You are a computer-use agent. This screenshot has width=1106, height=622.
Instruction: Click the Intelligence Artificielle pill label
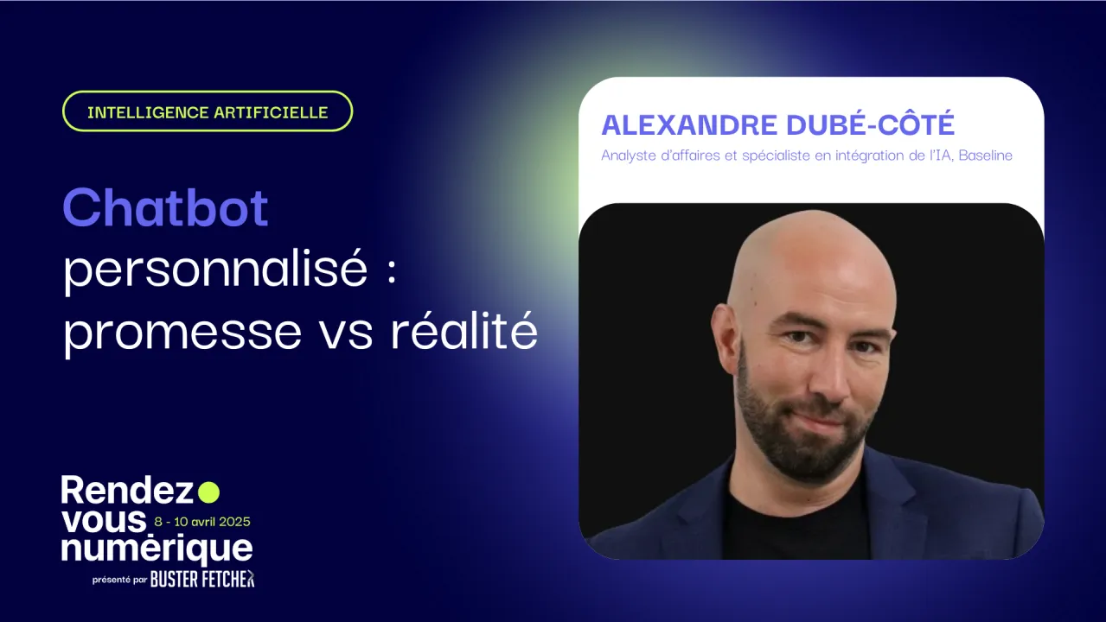click(208, 112)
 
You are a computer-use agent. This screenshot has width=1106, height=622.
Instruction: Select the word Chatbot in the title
click(165, 208)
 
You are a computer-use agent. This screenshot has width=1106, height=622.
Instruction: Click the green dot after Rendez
click(208, 492)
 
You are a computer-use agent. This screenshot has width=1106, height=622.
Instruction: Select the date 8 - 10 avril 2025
click(202, 522)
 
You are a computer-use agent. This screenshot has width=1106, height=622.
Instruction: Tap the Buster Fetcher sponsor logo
click(202, 580)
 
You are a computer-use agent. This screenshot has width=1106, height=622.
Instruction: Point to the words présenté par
click(119, 581)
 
